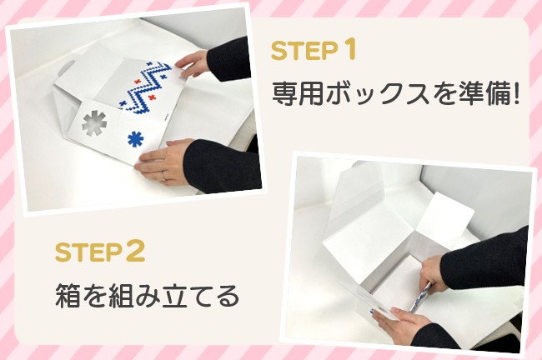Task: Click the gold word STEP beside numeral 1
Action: click(304, 51)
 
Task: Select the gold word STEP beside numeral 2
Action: click(88, 252)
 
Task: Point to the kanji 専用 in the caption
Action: click(298, 93)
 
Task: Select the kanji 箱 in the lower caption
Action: click(68, 296)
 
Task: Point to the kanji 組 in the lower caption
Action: click(121, 296)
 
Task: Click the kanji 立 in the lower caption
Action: click(173, 296)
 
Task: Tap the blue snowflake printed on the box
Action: click(136, 139)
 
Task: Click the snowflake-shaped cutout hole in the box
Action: click(94, 123)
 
